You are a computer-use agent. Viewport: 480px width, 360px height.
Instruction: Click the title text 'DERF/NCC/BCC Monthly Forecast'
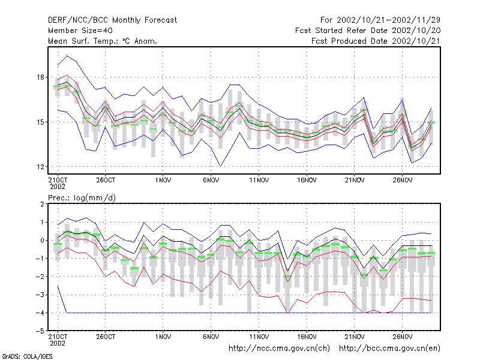point(112,20)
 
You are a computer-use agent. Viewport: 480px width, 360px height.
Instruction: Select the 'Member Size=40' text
point(80,31)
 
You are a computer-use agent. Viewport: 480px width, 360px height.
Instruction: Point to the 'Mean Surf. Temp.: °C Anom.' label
point(103,41)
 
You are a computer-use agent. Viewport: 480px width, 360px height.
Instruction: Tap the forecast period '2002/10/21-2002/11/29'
point(388,20)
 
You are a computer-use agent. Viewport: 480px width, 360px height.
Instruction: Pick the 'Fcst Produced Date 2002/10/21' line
point(376,41)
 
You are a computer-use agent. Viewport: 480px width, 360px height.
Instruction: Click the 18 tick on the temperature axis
point(41,77)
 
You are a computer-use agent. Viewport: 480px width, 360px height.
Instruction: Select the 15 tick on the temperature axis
point(41,122)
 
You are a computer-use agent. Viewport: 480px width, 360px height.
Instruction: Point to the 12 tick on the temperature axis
point(41,167)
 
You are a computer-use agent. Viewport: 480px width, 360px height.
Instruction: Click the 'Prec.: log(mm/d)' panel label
point(82,198)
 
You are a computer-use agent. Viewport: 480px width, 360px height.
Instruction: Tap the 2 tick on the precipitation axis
point(42,204)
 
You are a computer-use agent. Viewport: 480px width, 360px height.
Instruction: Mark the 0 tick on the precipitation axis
point(42,241)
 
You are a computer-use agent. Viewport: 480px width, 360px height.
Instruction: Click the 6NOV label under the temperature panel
point(211,181)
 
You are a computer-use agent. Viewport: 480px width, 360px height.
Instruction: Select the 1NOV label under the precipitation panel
point(163,337)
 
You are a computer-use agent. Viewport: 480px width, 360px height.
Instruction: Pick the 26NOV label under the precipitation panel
point(402,337)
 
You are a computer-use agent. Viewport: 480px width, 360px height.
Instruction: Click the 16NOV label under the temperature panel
point(307,181)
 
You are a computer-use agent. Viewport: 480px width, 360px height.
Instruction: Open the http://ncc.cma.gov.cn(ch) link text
point(279,349)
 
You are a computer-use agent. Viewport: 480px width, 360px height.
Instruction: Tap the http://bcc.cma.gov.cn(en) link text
point(389,349)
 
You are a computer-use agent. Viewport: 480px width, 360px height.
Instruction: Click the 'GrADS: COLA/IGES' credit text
point(27,356)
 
